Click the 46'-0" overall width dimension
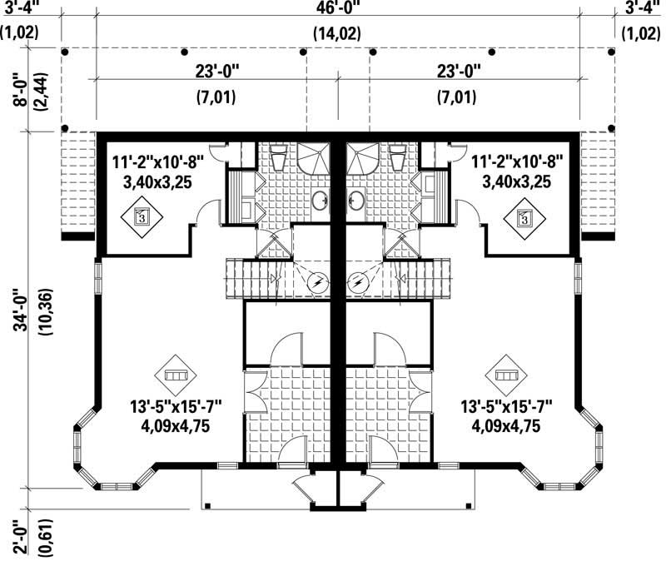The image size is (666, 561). [337, 11]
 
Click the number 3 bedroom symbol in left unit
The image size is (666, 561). [142, 217]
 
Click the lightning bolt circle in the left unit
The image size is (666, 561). [317, 283]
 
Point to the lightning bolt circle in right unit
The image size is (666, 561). [358, 283]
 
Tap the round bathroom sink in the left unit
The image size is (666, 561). [319, 200]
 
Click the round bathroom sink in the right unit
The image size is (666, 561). [357, 200]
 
